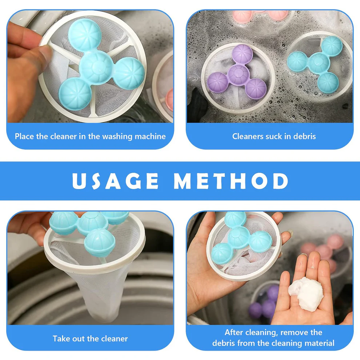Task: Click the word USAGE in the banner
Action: (116, 181)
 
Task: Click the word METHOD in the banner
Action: (231, 181)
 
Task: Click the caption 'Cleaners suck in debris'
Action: (274, 136)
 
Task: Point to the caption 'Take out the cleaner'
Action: (90, 339)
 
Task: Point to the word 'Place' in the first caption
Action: (25, 137)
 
